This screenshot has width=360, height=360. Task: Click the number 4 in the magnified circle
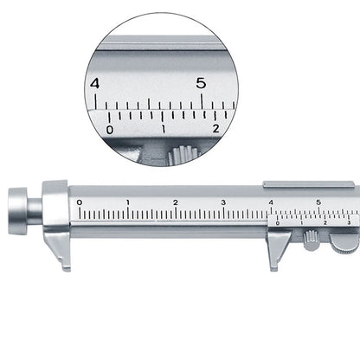[x=95, y=83]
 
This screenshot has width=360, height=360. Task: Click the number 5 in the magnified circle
[x=201, y=83]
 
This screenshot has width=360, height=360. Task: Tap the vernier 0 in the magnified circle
[x=109, y=129]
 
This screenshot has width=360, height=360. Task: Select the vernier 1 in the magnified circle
[x=163, y=129]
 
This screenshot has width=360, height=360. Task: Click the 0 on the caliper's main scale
[x=80, y=202]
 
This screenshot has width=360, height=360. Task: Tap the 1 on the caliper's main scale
[x=128, y=202]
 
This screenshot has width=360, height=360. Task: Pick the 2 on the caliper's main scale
[x=176, y=202]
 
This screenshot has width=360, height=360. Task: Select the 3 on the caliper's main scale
[x=223, y=202]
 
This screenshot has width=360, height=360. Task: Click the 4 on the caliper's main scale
[x=271, y=202]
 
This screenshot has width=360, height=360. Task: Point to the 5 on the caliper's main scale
[x=318, y=202]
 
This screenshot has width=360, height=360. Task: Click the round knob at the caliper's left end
[x=22, y=210]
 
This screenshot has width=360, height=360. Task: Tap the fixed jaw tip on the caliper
[x=63, y=263]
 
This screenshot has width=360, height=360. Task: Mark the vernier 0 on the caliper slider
[x=278, y=223]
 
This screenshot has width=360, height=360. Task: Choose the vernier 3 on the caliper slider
[x=348, y=223]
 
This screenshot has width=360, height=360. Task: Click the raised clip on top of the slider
[x=308, y=184]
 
